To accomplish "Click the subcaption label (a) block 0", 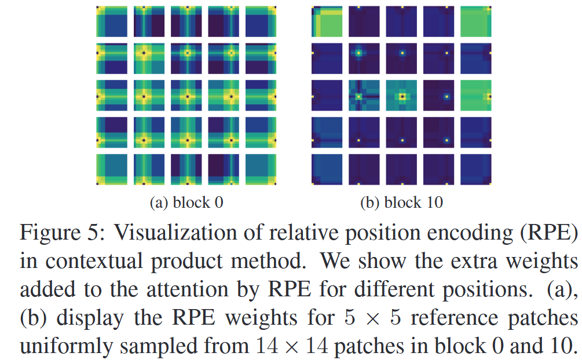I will [186, 202].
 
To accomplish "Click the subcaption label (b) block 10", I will [402, 202].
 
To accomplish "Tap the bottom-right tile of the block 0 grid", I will [261, 170].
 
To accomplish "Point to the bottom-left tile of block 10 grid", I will [327, 170].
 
